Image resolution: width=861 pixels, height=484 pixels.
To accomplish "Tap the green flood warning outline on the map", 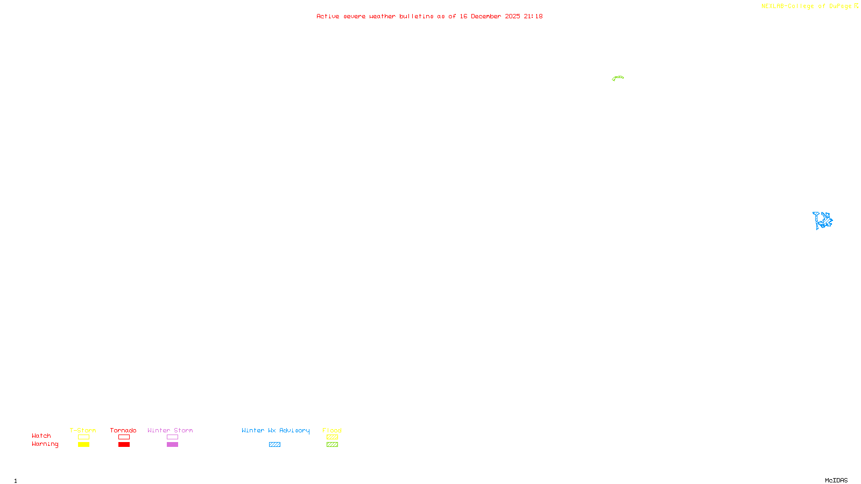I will point(618,78).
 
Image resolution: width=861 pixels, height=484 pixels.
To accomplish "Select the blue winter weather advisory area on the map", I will point(823,220).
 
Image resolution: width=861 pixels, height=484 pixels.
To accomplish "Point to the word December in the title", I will point(486,16).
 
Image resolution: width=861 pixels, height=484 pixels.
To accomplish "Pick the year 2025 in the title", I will point(512,16).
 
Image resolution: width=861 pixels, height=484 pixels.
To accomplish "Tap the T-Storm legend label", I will point(83,430).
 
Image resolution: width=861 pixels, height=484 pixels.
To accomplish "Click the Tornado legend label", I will point(123,430).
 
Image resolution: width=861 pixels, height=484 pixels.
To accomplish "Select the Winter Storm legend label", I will point(170,430).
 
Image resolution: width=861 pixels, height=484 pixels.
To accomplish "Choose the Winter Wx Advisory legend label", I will point(276,430).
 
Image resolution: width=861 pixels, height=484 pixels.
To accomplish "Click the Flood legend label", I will point(332,430).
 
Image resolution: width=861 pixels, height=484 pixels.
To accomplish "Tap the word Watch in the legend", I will point(41,436).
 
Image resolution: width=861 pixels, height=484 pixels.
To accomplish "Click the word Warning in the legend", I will point(45,444).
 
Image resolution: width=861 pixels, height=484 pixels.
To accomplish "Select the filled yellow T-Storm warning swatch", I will point(83,445).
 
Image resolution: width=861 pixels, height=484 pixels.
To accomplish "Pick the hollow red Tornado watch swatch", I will point(124,437).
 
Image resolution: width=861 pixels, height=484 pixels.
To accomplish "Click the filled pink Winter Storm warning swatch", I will point(172,445).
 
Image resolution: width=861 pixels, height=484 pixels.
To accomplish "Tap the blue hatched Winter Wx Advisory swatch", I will point(274,445).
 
